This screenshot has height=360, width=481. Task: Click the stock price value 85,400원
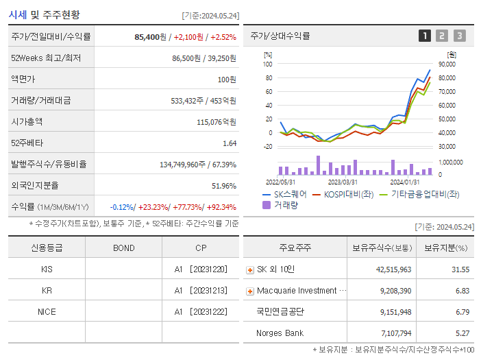coord(150,36)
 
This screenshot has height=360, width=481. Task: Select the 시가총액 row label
coord(27,121)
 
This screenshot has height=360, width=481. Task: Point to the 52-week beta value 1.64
coord(229,143)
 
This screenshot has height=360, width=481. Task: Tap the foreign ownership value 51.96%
coord(224,185)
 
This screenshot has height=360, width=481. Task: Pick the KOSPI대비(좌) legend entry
coord(348,195)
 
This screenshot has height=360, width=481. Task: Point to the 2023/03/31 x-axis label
coord(343,182)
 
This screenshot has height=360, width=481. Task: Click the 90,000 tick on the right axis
coord(447,64)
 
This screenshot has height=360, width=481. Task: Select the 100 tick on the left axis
coord(267,64)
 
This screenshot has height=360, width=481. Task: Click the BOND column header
coord(123,248)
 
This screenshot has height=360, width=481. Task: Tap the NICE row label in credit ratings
coord(47,311)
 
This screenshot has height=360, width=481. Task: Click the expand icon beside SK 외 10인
coord(250,269)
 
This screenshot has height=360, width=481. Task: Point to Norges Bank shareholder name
coord(280,333)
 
